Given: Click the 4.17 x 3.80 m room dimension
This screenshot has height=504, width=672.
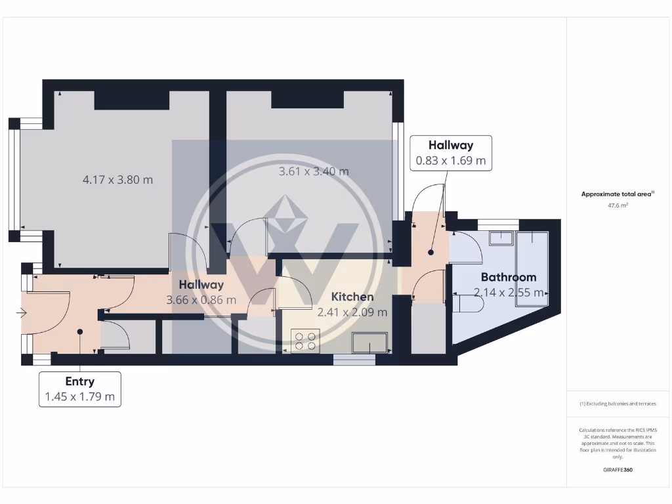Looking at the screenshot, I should [x=117, y=179].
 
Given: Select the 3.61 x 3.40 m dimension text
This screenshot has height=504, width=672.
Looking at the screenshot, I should [x=314, y=171].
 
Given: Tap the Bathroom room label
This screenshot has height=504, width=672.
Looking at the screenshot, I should [x=509, y=277].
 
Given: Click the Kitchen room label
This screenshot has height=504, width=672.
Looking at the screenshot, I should [x=352, y=297].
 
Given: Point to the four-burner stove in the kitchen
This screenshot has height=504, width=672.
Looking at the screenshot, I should [x=305, y=341].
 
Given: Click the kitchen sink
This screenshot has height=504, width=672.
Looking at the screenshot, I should [x=369, y=343].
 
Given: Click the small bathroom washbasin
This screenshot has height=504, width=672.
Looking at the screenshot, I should [x=504, y=237].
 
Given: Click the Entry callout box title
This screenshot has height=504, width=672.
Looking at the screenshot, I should [x=79, y=381].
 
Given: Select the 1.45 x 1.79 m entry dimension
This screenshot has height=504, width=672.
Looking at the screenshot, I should [x=79, y=396].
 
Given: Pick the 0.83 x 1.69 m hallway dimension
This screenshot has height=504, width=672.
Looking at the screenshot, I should [x=451, y=160].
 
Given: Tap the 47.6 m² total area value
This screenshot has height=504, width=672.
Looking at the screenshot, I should [x=618, y=205].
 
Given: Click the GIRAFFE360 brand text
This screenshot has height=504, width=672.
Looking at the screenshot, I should [x=618, y=470].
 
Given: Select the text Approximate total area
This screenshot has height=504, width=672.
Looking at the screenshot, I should [x=616, y=194].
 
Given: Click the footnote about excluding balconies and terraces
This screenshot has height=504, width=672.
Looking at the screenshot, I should [x=618, y=404].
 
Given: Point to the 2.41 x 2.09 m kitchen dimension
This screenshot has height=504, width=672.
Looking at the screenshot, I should [x=352, y=312].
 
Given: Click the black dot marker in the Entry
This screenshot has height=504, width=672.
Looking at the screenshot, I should [x=80, y=332].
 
